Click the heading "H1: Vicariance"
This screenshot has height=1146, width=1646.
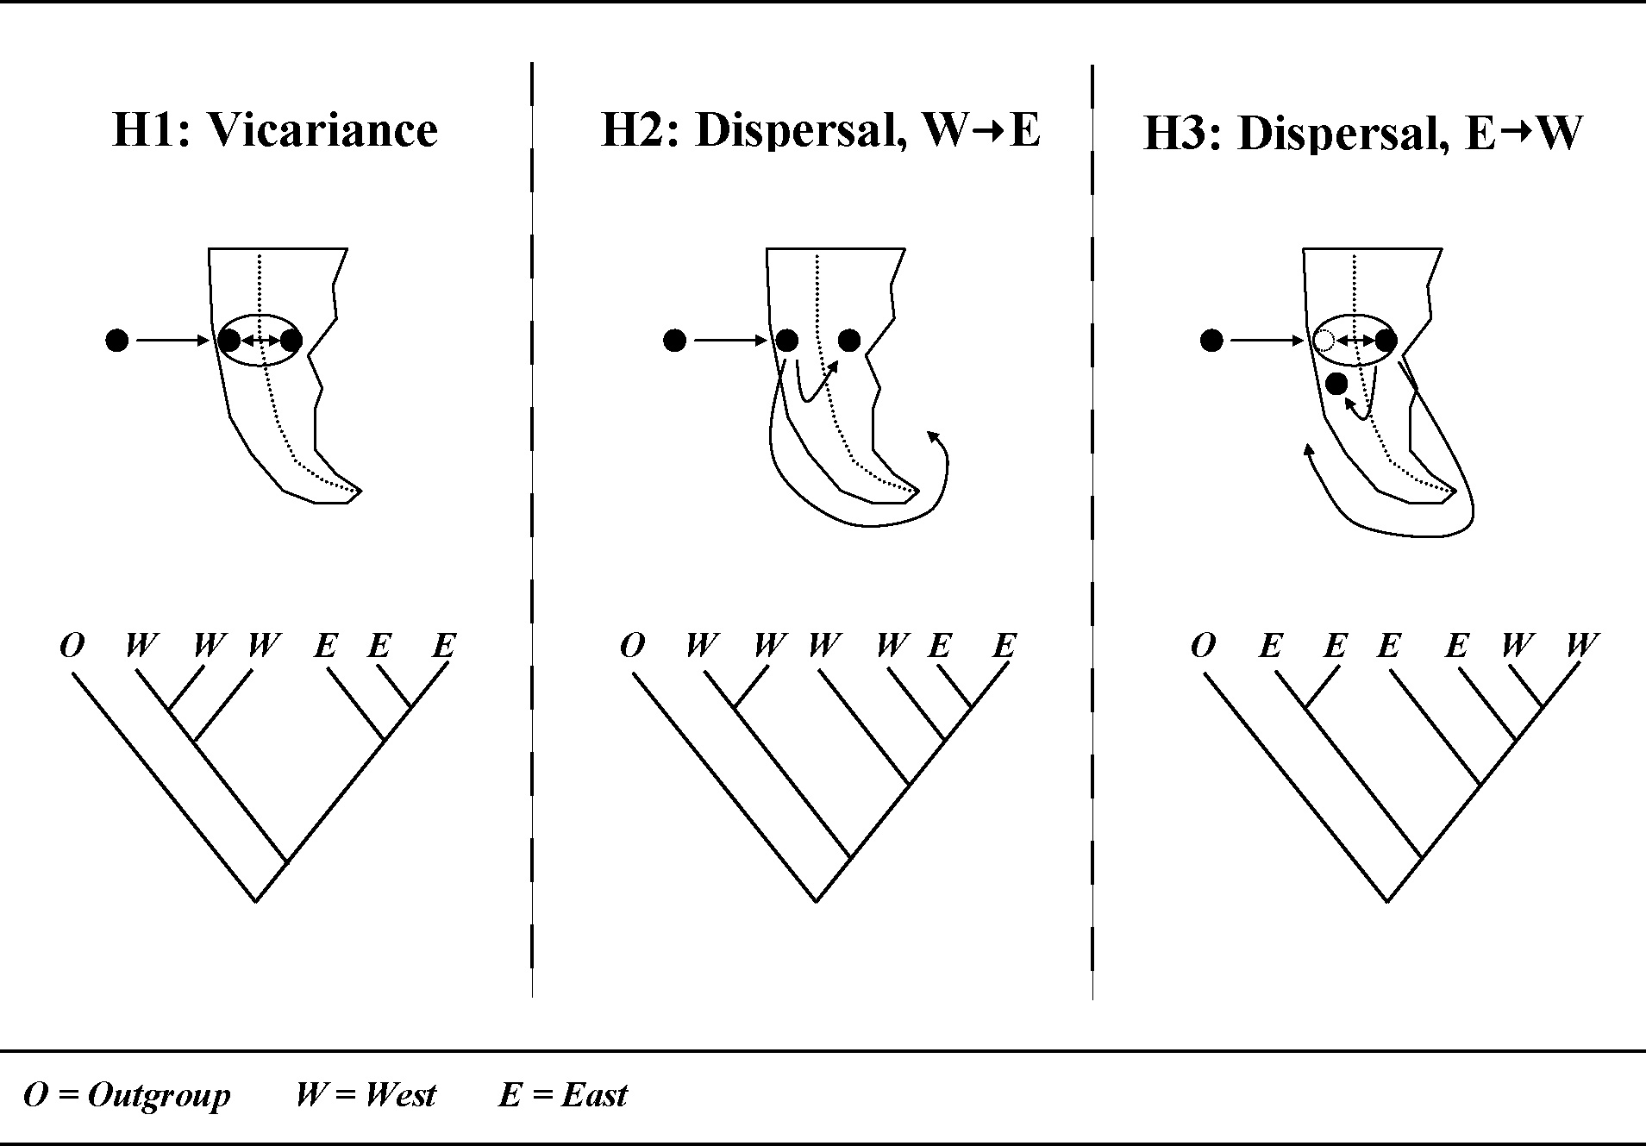(275, 130)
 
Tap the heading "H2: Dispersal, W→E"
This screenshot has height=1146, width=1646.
(820, 130)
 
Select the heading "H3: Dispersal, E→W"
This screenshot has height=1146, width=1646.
(1362, 135)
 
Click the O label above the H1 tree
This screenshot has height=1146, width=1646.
(72, 645)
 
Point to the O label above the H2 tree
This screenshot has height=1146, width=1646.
(632, 645)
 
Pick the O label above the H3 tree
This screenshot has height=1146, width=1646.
(1203, 645)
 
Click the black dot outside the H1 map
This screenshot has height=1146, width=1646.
(117, 341)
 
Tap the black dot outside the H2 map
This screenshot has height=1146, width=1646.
(674, 341)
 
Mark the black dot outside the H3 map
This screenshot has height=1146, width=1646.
(1211, 341)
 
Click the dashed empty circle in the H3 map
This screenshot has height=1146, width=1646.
(1324, 341)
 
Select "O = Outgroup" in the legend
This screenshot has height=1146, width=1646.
(128, 1095)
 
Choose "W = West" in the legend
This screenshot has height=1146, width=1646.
(366, 1095)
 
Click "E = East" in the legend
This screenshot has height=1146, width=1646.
(563, 1095)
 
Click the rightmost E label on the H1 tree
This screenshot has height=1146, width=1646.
(443, 645)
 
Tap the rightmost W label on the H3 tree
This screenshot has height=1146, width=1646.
(1582, 645)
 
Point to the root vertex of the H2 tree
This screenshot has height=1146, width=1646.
(816, 901)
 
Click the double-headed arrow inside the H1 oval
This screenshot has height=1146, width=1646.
(260, 341)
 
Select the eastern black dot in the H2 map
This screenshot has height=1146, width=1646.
(849, 341)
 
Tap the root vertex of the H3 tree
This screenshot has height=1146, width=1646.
(1387, 901)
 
